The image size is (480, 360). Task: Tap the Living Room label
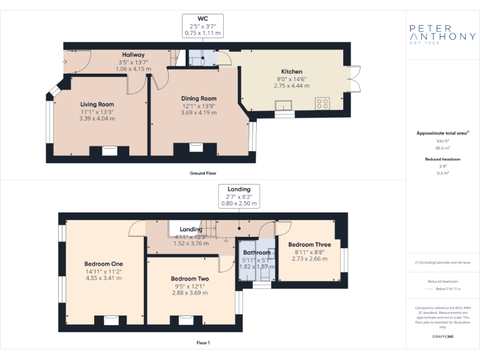pyautogui.click(x=97, y=104)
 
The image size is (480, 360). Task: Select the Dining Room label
pyautogui.click(x=199, y=98)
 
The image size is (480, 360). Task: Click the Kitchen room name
pyautogui.click(x=291, y=71)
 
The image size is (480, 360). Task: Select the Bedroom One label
pyautogui.click(x=104, y=264)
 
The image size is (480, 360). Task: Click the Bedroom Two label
pyautogui.click(x=189, y=279)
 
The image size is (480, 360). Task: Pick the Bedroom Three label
pyautogui.click(x=309, y=244)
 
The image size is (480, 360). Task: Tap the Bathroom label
pyautogui.click(x=256, y=252)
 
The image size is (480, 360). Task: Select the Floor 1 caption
pyautogui.click(x=203, y=342)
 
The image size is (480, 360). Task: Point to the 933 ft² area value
pyautogui.click(x=442, y=142)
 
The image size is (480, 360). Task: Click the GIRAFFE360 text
pyautogui.click(x=442, y=337)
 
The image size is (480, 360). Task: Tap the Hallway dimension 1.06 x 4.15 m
pyautogui.click(x=133, y=69)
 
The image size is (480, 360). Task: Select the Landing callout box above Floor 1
pyautogui.click(x=239, y=196)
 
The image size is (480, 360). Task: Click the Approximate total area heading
pyautogui.click(x=442, y=133)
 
